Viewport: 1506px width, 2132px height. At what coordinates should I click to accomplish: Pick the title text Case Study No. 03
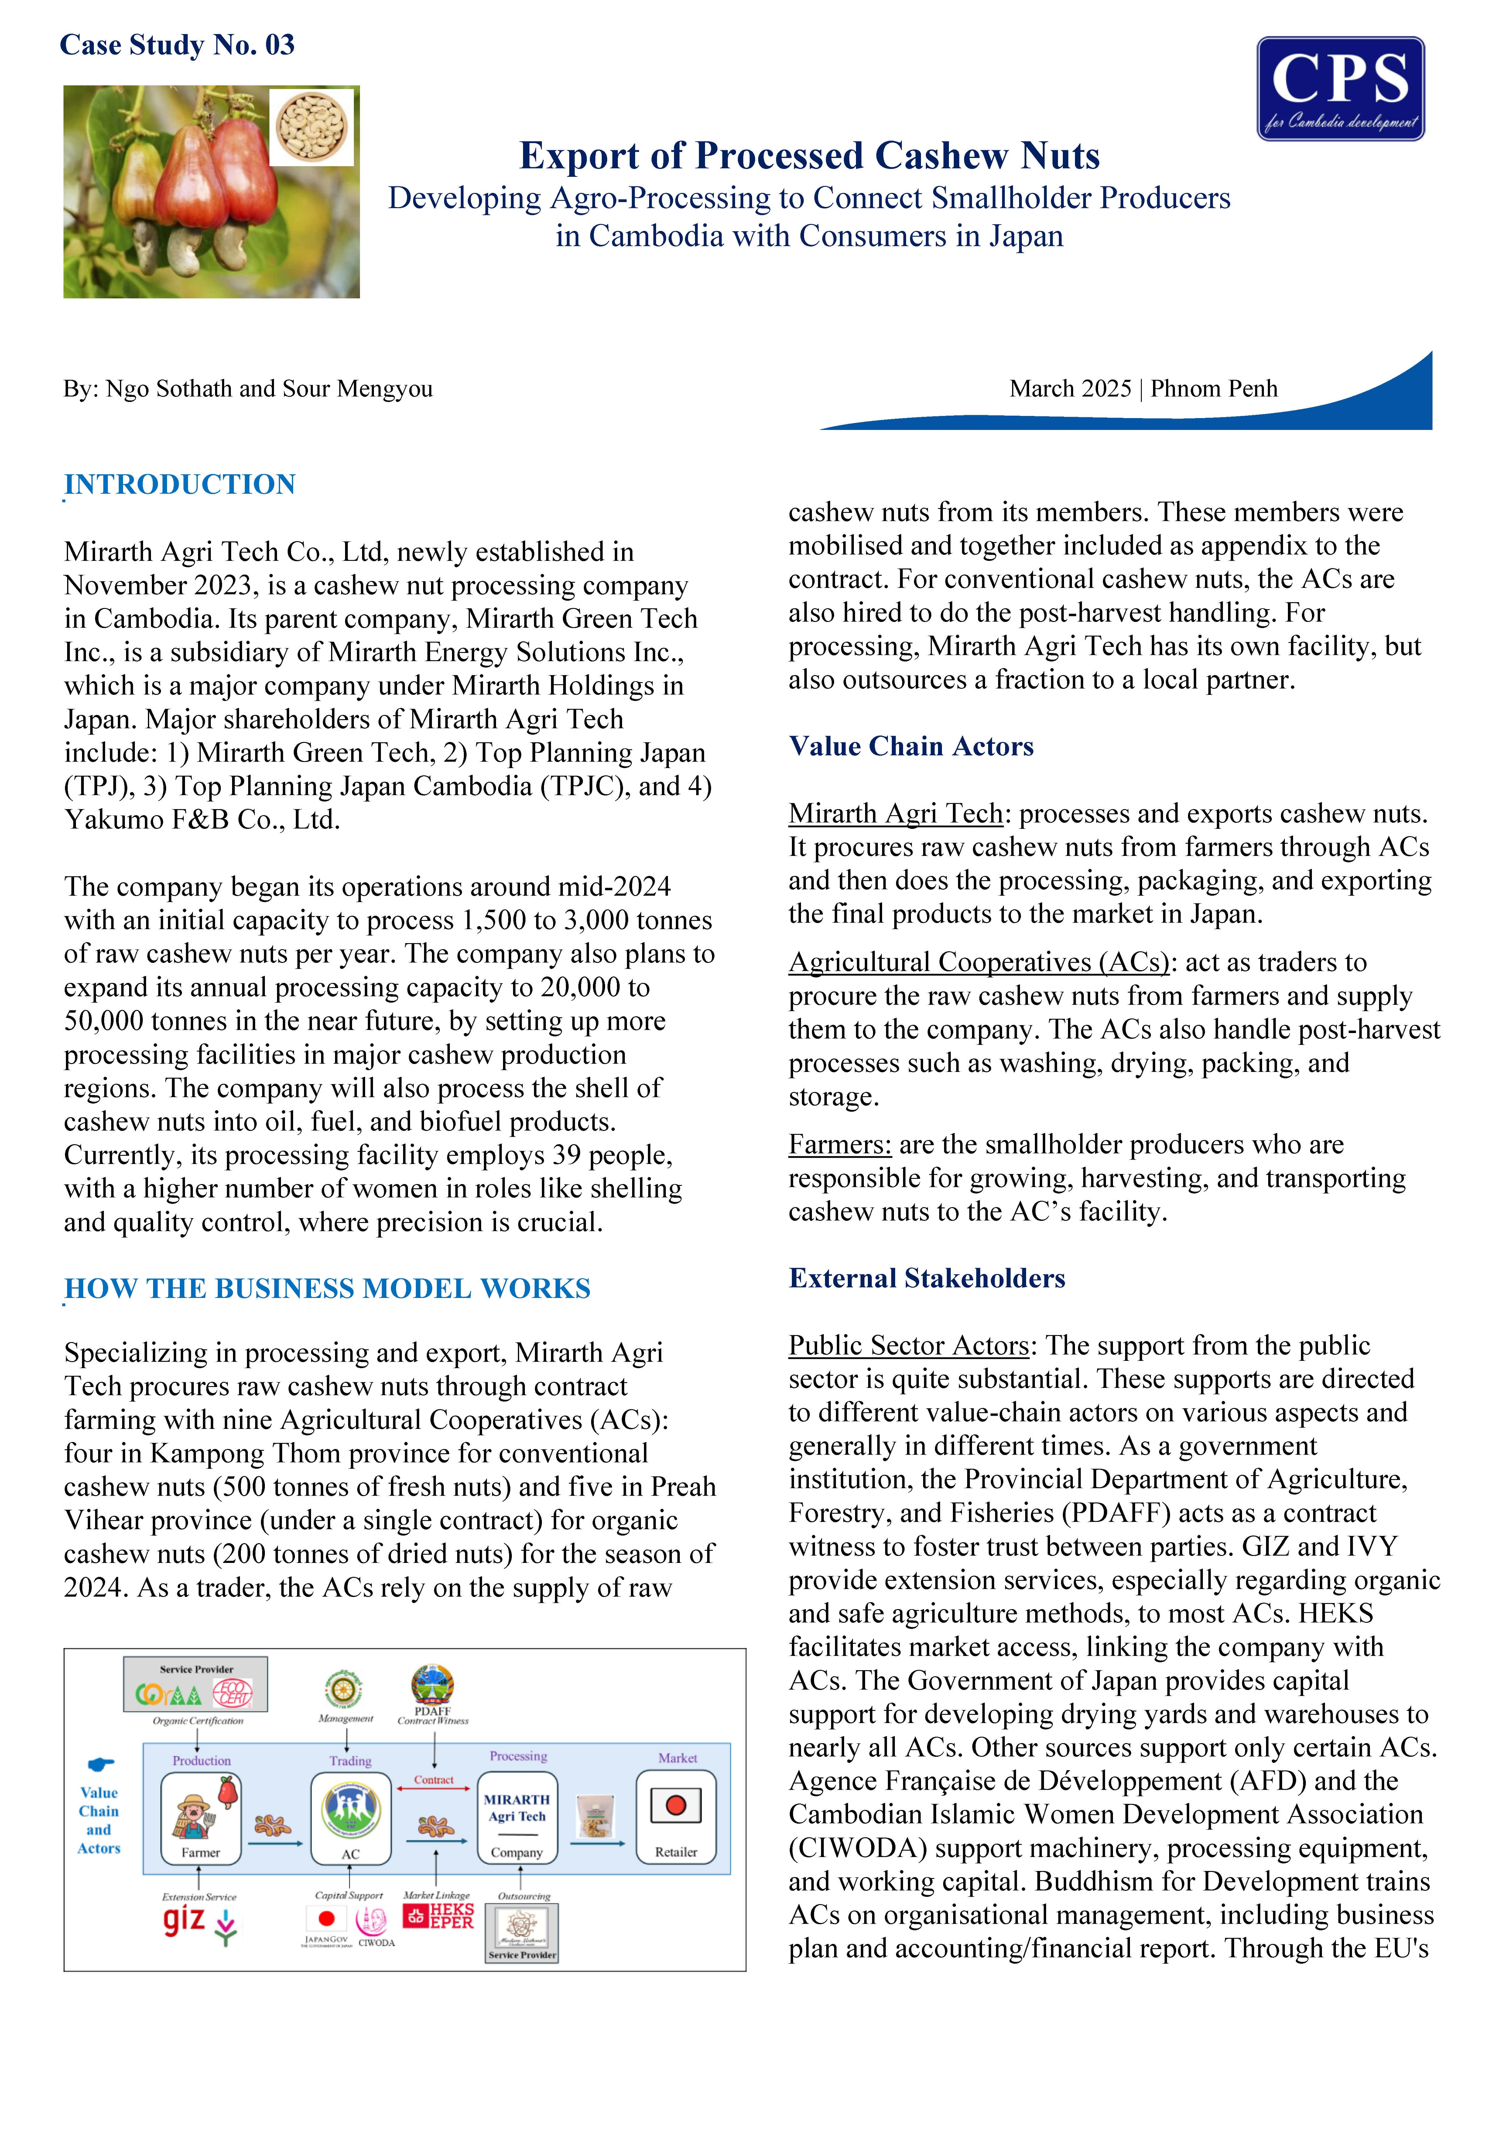tap(177, 45)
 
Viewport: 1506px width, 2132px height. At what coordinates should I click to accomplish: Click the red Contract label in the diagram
tap(433, 1780)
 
